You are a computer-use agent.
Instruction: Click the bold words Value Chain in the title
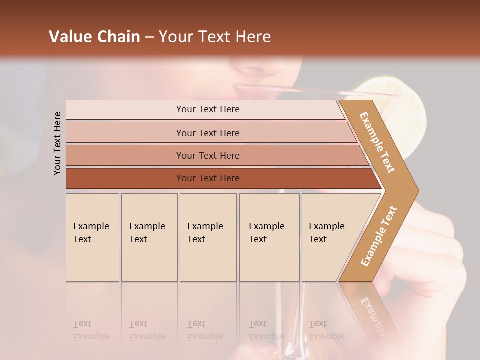tap(94, 37)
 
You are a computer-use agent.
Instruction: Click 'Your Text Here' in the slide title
tap(215, 37)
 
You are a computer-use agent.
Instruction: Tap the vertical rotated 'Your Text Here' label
tap(57, 143)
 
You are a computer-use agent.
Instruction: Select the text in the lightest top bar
tap(208, 109)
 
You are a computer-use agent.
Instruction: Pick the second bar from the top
tap(208, 133)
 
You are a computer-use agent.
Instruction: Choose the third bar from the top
tap(208, 156)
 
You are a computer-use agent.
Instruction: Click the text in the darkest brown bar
tap(208, 178)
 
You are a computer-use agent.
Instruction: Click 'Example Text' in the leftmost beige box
tap(91, 233)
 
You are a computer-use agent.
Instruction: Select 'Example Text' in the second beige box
tap(147, 233)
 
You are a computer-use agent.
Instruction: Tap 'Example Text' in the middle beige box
tap(205, 233)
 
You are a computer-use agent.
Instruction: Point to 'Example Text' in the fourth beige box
tap(266, 233)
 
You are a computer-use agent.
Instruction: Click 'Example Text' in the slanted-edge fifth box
tap(326, 233)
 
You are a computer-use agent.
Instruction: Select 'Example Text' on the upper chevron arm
tap(377, 142)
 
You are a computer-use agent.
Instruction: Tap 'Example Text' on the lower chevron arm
tap(379, 236)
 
